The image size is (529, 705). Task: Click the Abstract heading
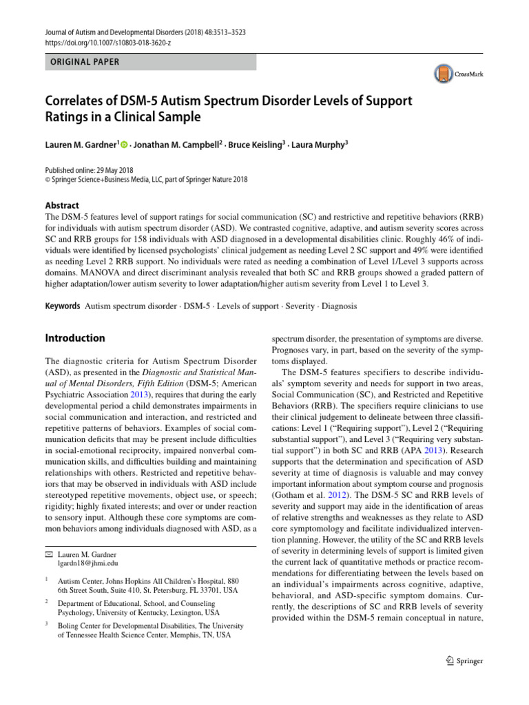click(x=61, y=205)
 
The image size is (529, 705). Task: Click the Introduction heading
click(x=74, y=338)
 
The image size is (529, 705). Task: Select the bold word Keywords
click(x=62, y=305)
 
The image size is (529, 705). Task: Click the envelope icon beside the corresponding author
click(x=48, y=554)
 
